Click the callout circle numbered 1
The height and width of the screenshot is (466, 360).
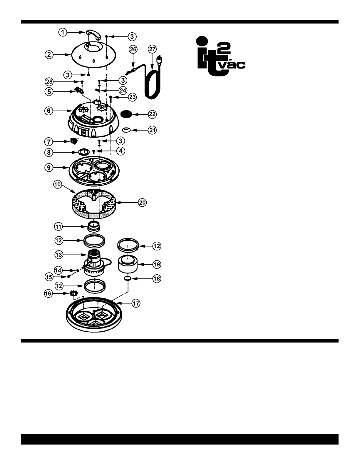[63, 32]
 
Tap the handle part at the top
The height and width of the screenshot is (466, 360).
[94, 34]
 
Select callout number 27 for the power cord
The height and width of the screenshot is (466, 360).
[152, 49]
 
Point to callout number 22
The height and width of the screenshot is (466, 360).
[152, 114]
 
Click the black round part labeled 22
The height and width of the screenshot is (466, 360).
[126, 114]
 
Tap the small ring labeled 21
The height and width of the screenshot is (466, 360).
[126, 130]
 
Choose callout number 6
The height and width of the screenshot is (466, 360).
[49, 111]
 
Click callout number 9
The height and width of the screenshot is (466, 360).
[49, 168]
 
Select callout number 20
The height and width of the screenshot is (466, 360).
[142, 203]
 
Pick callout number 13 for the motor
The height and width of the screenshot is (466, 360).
[58, 255]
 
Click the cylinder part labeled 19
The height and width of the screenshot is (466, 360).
[128, 264]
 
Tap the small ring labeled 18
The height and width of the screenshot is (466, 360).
[128, 278]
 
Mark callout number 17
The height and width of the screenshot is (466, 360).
[136, 303]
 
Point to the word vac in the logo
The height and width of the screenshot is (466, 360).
[233, 65]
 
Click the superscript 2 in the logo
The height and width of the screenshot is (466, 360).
[224, 49]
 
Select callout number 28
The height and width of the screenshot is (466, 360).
[49, 82]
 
